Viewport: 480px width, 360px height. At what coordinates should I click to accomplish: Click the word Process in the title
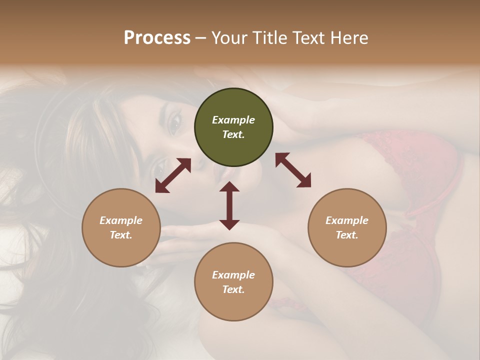tap(157, 38)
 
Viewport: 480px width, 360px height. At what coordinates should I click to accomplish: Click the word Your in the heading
tap(228, 38)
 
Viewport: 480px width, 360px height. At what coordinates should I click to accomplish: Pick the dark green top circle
tap(233, 127)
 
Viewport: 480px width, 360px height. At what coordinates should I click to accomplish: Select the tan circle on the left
tap(121, 227)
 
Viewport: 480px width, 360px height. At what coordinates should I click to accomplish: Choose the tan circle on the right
tap(347, 227)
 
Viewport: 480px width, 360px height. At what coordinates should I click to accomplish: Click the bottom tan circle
tap(233, 282)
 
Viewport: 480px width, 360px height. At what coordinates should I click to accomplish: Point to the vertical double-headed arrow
tap(229, 205)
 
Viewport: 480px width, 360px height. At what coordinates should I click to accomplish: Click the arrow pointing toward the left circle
tap(173, 175)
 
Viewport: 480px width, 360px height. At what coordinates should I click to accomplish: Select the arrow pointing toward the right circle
tap(293, 170)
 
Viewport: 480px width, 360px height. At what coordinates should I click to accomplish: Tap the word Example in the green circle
tap(233, 120)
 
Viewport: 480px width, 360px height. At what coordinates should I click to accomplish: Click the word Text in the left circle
tap(121, 235)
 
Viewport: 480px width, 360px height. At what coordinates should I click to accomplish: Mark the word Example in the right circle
tap(347, 220)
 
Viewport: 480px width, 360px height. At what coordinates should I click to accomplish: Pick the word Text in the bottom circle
tap(233, 289)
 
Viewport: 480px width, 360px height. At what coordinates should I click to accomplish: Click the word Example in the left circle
tap(121, 220)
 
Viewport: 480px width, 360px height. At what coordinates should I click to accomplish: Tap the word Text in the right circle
tap(347, 235)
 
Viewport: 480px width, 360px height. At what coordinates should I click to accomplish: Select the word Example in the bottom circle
tap(233, 275)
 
